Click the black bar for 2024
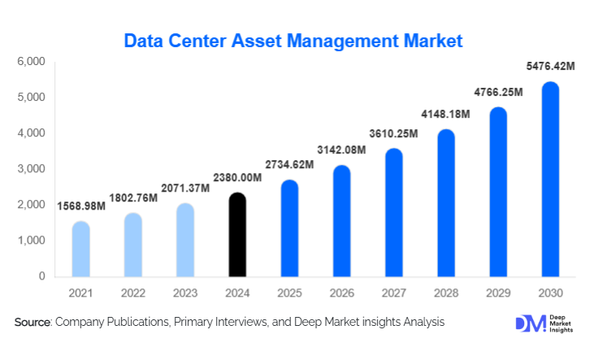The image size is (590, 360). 236,235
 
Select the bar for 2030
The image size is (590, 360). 550,180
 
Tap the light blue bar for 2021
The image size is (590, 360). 80,249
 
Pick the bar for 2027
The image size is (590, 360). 393,213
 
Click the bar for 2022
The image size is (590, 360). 132,245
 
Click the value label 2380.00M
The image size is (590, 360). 236,178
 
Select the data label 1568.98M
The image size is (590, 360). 80,206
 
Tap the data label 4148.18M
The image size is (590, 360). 446,115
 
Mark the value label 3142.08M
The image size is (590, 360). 341,150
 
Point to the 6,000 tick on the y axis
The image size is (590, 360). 30,62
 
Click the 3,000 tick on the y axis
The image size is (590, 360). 30,169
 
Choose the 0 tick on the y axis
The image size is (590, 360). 41,277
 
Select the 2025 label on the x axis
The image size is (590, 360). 289,292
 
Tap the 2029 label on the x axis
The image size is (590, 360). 498,292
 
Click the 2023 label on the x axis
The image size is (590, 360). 184,292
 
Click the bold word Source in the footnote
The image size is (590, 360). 33,323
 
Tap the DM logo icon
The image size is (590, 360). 524,323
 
